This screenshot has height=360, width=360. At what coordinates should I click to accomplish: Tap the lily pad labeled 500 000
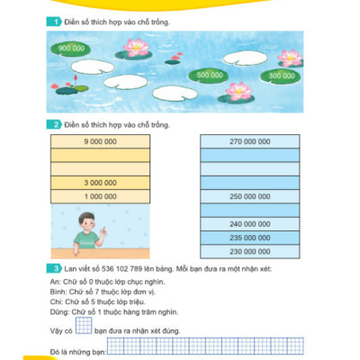tap(210, 75)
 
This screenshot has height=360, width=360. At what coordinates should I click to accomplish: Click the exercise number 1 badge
tap(56, 21)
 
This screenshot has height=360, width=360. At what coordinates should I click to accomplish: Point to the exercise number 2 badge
tap(56, 125)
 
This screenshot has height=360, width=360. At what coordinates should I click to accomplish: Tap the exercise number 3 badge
tap(56, 268)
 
